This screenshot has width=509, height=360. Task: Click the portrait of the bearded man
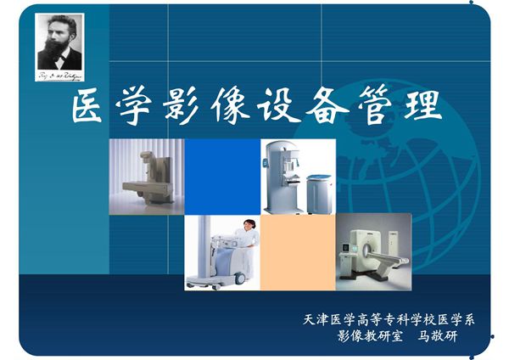[59, 42]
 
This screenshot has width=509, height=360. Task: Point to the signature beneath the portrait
[59, 75]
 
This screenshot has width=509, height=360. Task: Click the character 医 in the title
[90, 109]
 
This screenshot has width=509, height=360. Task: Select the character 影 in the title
[196, 109]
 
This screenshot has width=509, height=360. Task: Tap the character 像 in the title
[248, 109]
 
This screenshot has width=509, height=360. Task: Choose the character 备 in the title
[350, 109]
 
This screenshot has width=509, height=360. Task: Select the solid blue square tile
[222, 177]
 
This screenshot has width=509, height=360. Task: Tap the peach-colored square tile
[297, 251]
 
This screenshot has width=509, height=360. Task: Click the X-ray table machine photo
[147, 177]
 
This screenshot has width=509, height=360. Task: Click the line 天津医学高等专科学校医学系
[388, 320]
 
